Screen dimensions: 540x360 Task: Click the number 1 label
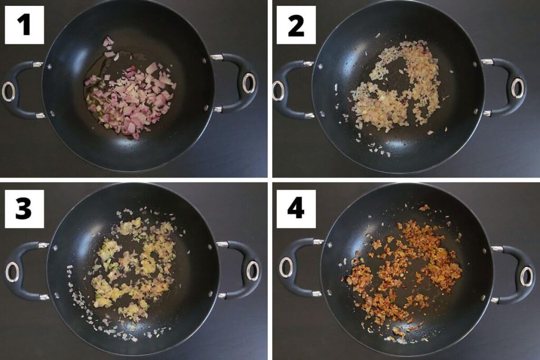pyautogui.click(x=24, y=25)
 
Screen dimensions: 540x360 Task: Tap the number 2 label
pyautogui.click(x=296, y=25)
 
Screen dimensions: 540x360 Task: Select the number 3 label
pyautogui.click(x=24, y=209)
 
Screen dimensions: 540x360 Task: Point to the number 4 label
pyautogui.click(x=296, y=209)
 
